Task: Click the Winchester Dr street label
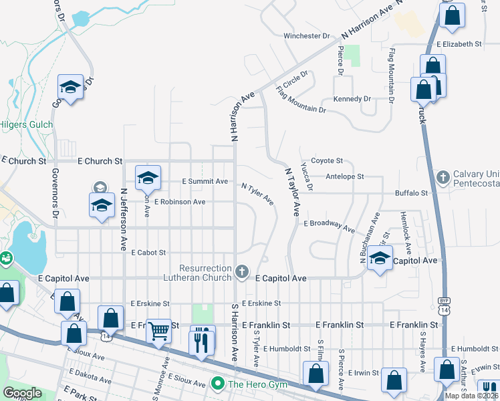(307, 35)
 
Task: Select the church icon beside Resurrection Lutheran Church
(243, 272)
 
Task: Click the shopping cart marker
(158, 330)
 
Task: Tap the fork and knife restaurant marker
(201, 342)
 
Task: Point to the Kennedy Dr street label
(352, 99)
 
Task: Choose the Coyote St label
(327, 160)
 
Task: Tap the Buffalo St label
(410, 193)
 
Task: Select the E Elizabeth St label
(459, 44)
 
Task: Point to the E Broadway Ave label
(329, 225)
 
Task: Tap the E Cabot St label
(148, 253)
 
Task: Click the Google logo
(23, 392)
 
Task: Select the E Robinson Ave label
(180, 201)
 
